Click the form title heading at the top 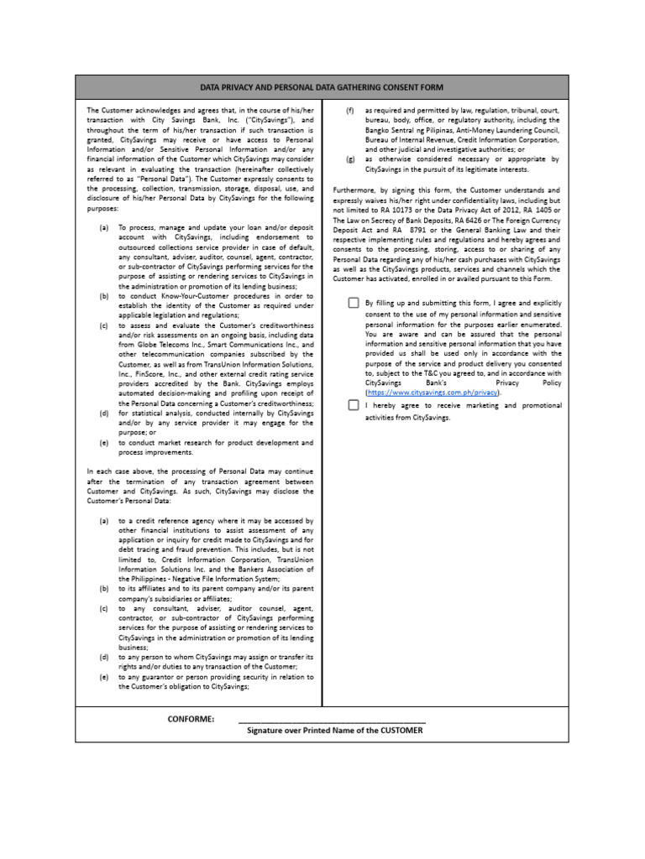(x=322, y=87)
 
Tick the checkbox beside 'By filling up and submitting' (x=354, y=303)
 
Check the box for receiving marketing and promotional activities (x=354, y=405)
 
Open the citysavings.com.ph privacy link (x=433, y=392)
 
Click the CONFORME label (x=191, y=719)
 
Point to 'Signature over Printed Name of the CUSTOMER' (x=334, y=731)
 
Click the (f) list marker (x=349, y=111)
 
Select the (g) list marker (x=349, y=159)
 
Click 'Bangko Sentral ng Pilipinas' (x=408, y=130)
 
